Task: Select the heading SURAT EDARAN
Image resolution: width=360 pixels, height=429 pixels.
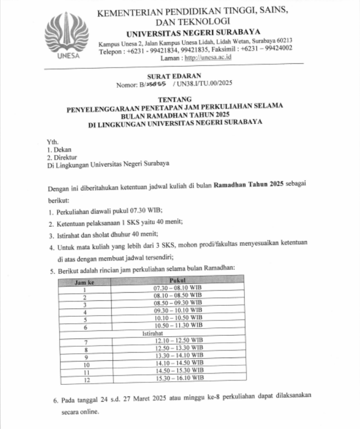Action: click(x=178, y=75)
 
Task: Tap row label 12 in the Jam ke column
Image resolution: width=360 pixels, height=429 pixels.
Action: click(x=85, y=378)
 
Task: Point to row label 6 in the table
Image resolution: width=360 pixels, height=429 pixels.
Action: click(x=85, y=325)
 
